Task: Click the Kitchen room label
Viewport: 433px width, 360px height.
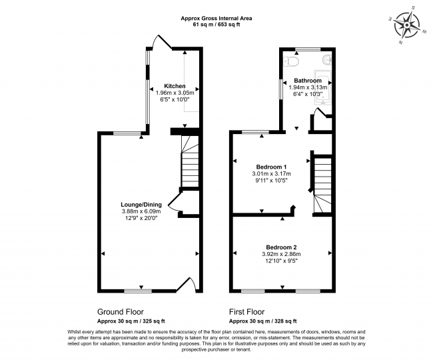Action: pos(175,86)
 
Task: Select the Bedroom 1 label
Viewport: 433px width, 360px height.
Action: pos(272,166)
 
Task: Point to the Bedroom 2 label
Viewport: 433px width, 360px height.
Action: pos(281,247)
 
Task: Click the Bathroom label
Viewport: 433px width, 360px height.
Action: pos(308,81)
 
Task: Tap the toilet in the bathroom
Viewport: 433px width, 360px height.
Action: pos(290,61)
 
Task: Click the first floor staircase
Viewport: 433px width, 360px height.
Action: pos(323,183)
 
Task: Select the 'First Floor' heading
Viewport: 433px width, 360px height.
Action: pos(246,311)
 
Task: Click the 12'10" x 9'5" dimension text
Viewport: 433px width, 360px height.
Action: pos(281,261)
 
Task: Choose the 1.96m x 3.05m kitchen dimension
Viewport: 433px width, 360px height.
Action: pos(175,93)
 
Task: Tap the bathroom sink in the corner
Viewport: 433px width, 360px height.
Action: pos(326,61)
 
